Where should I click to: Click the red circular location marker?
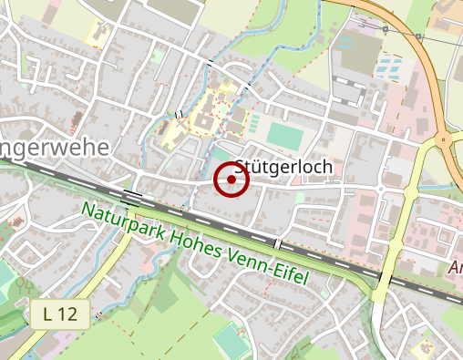point(231,180)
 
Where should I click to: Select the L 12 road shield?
point(60,315)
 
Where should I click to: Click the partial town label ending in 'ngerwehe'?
point(55,147)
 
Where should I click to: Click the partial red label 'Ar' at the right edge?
point(455,268)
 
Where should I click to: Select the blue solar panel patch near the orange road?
point(389,66)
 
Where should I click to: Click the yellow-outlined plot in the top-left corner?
point(98,34)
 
